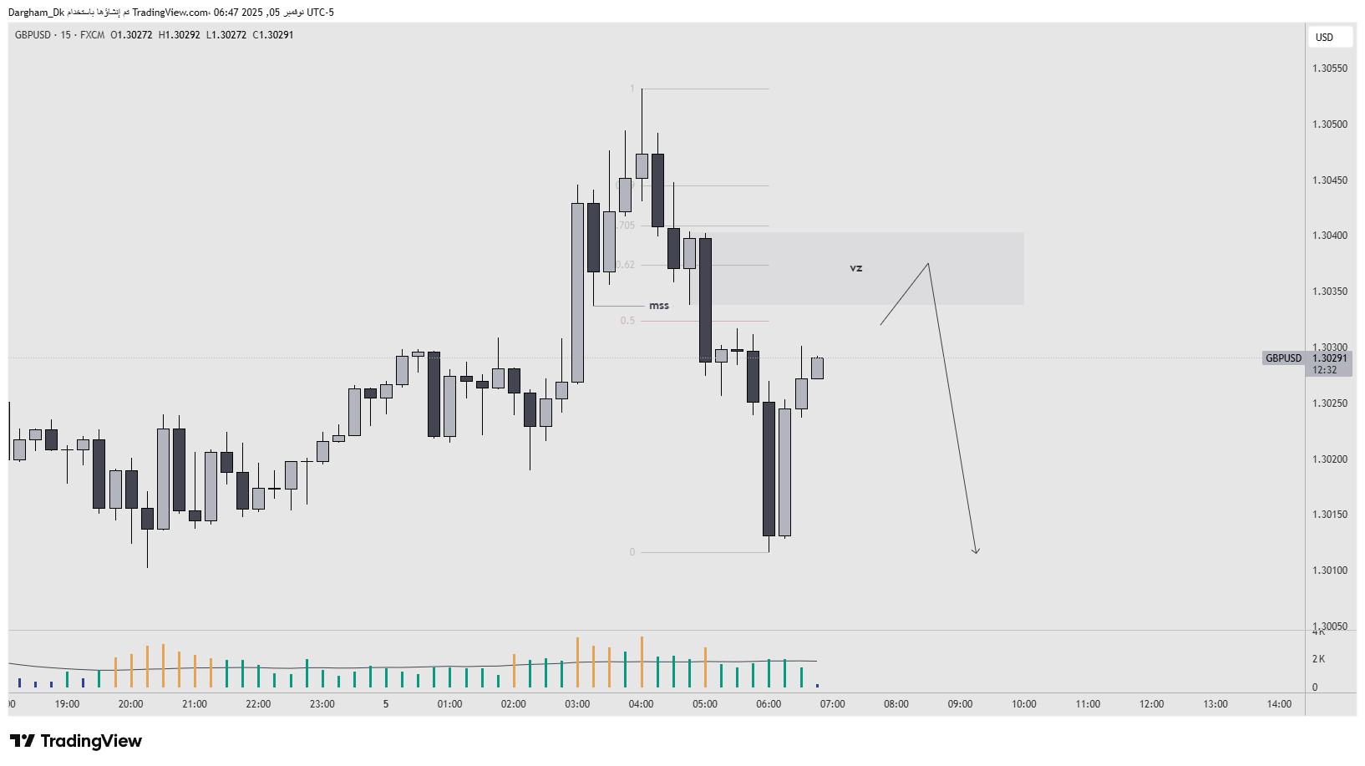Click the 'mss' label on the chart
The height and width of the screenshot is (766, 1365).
coord(659,306)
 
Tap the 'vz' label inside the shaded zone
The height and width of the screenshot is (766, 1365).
coord(855,268)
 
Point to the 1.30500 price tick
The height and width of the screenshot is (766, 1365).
coord(1329,124)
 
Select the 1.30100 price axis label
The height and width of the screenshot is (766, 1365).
coord(1329,571)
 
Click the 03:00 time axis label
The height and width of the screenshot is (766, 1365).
coord(577,704)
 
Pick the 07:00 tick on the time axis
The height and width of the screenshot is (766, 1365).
coord(832,704)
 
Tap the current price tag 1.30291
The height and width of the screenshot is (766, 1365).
coord(1329,358)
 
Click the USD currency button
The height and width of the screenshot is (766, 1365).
coord(1324,37)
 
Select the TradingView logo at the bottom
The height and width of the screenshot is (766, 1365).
coord(76,741)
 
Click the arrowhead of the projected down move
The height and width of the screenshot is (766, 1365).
coord(976,550)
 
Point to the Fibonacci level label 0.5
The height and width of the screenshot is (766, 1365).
coord(627,321)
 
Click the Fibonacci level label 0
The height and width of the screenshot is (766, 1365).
coord(632,552)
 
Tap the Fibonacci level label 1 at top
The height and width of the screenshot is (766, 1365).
coord(632,89)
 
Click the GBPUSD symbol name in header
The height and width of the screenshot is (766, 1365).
coord(33,35)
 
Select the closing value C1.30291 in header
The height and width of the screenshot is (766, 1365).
coord(273,35)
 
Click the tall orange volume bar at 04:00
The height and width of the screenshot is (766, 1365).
coord(642,662)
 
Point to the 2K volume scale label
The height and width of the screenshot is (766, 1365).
coord(1318,659)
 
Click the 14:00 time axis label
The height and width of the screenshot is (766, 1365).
coord(1279,704)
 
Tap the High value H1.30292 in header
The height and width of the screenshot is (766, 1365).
coord(180,35)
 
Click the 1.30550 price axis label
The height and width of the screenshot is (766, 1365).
coord(1329,68)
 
